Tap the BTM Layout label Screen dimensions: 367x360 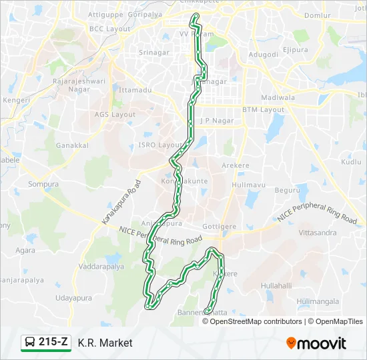[263, 109]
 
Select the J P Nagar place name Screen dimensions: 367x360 [214, 121]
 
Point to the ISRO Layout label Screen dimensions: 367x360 [159, 145]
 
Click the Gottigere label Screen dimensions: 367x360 [219, 227]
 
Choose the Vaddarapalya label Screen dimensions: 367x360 [101, 267]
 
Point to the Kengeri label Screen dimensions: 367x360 [16, 100]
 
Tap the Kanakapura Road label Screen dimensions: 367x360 [121, 201]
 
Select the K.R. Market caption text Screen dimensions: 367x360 [105, 343]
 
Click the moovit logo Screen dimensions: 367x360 [316, 343]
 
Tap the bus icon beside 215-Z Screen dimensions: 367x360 [30, 343]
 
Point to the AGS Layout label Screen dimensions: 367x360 [115, 115]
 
